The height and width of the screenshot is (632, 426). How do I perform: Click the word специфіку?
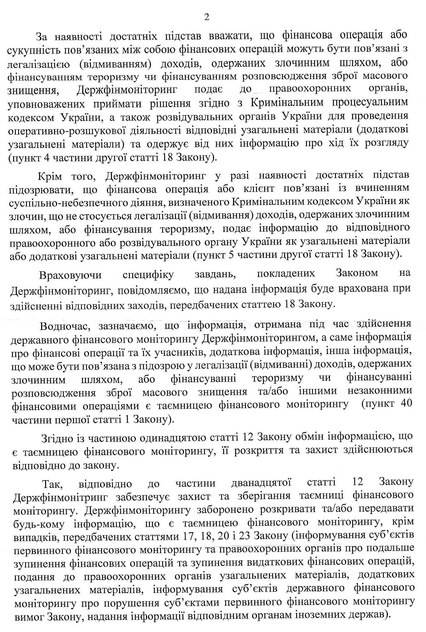click(148, 275)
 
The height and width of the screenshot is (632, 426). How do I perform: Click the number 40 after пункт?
click(406, 403)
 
